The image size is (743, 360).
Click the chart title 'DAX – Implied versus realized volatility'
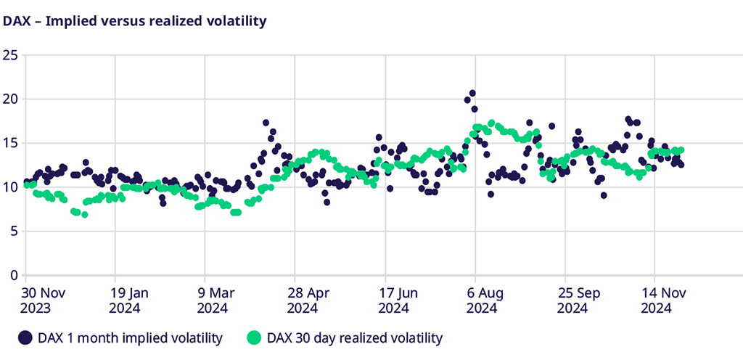(135, 21)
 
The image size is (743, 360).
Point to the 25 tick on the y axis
(9, 54)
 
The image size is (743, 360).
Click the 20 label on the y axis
(9, 99)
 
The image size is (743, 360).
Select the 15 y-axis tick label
(9, 143)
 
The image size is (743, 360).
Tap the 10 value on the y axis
(9, 187)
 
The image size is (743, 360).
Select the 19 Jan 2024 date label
(130, 300)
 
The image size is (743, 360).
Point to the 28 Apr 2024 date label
(309, 300)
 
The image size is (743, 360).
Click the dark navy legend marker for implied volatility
(26, 337)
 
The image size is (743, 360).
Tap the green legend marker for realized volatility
(253, 337)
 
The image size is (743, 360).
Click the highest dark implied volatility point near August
(472, 93)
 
